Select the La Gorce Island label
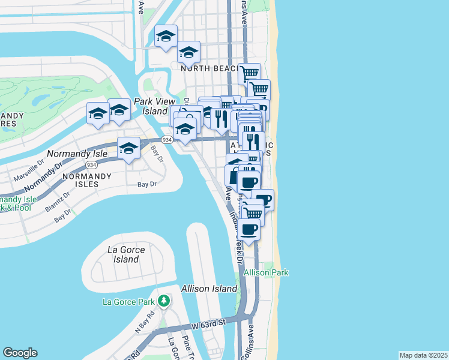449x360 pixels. click(122, 254)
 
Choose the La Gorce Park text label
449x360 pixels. click(128, 301)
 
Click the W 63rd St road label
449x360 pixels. click(208, 323)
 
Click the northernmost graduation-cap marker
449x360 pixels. click(166, 36)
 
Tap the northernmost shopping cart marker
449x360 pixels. click(249, 73)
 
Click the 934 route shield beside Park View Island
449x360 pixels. click(167, 140)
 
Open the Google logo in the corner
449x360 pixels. click(20, 353)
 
